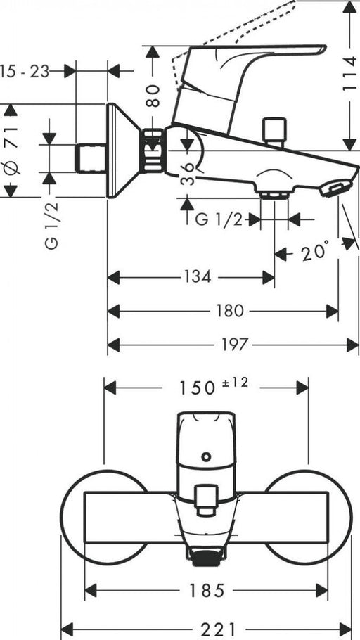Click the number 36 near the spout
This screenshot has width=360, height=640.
coord(186,171)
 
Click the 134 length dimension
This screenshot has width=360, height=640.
coord(198,277)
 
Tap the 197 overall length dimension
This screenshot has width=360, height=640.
coord(236,344)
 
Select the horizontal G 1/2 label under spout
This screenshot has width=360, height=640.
coord(218,219)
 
